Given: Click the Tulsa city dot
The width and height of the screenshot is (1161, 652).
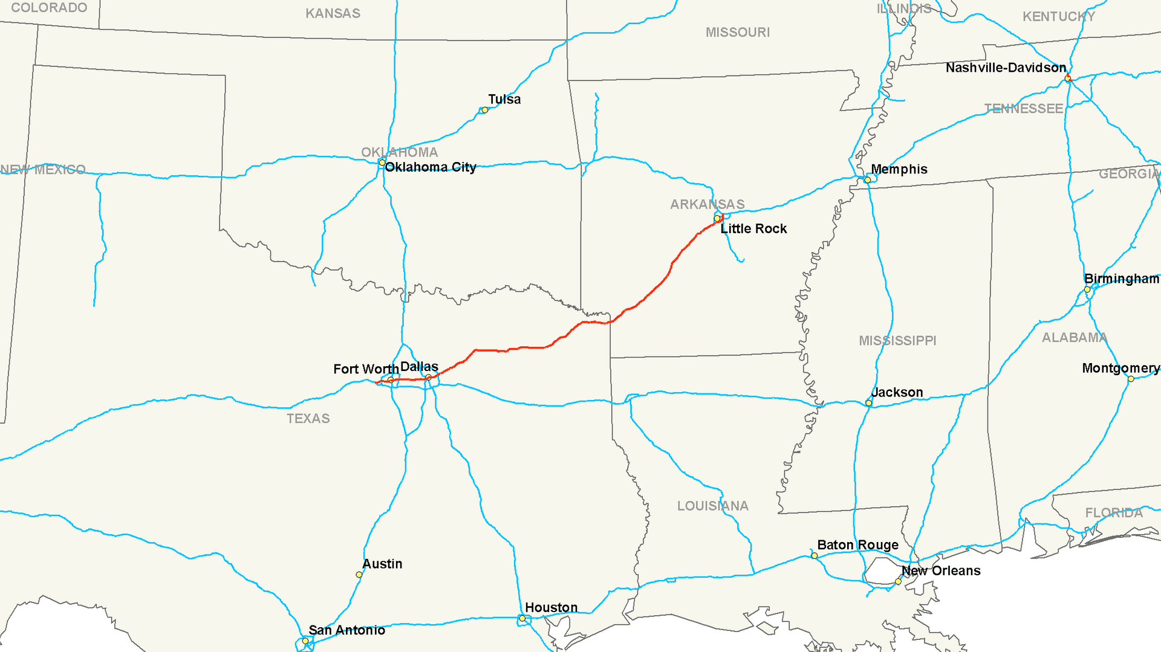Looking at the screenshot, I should [484, 110].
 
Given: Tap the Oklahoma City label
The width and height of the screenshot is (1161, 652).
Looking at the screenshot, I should [430, 167].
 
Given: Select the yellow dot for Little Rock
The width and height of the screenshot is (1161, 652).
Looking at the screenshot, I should [717, 218].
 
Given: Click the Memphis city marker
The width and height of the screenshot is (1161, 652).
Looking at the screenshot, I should [867, 180].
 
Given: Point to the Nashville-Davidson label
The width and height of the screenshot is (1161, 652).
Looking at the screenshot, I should [1006, 68].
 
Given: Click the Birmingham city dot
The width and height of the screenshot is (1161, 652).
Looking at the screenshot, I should [1087, 289].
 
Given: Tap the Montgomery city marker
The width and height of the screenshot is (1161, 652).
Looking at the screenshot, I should [1131, 379].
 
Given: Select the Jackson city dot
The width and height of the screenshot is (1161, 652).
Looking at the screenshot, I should [868, 403].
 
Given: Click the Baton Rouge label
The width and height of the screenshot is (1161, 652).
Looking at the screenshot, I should [857, 545].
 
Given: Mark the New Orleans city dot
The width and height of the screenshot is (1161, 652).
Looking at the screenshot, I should [898, 581].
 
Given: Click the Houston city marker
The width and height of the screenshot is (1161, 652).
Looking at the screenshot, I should [522, 618].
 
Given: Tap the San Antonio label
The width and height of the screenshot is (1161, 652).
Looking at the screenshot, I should [346, 630].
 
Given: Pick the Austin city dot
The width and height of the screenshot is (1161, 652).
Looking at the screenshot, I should [359, 575].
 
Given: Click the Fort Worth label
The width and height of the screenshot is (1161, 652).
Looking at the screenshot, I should [365, 369].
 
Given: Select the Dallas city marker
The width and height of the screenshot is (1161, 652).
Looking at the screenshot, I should [428, 378].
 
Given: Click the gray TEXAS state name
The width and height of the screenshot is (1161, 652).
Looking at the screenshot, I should [308, 419].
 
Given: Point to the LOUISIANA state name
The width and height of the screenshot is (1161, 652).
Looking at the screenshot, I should [712, 506].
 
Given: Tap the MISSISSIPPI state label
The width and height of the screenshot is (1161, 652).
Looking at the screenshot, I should [897, 341].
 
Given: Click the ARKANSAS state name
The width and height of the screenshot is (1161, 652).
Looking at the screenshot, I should [707, 204].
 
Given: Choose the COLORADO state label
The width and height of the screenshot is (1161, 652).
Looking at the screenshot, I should [49, 8].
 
